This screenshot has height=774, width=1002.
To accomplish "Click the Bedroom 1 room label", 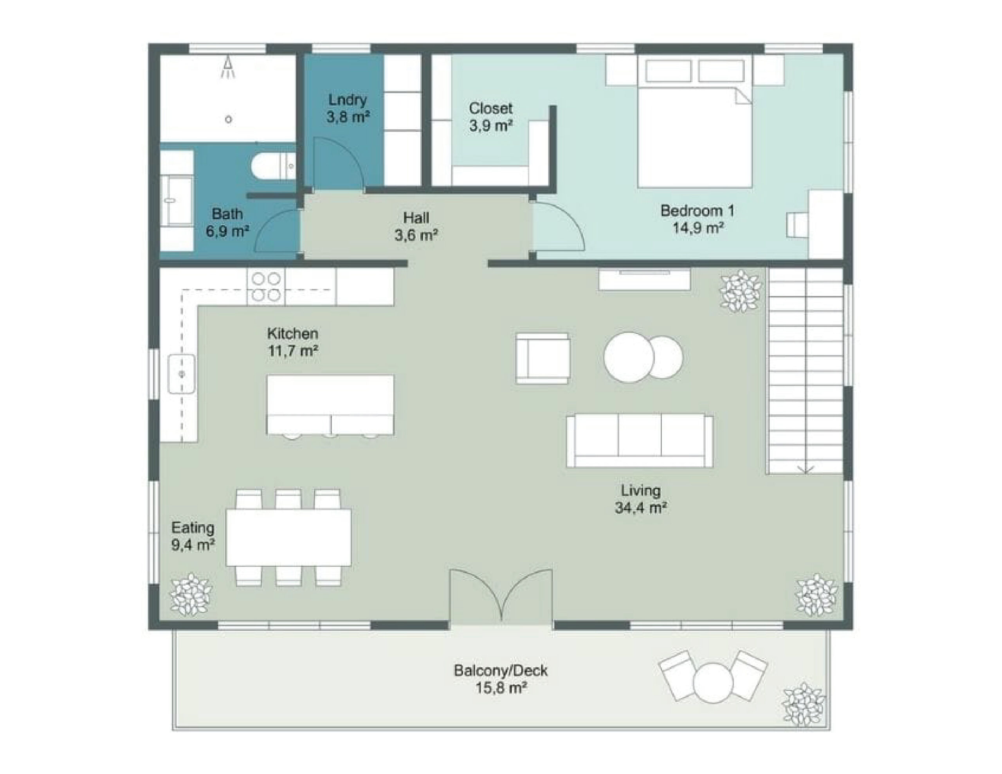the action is pos(697,211).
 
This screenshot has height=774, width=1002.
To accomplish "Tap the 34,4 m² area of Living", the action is pos(640,508).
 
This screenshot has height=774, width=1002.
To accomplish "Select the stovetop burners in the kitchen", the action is pos(266,287).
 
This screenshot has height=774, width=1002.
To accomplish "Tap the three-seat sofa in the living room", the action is pos(640,441).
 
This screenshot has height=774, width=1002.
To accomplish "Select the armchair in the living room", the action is pos(543,358).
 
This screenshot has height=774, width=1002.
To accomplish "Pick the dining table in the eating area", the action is pos(288,538).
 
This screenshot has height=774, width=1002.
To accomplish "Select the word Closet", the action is pos(490,108).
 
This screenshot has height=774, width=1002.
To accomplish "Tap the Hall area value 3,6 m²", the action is pos(416,235).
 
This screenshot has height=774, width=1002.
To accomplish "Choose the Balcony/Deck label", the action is pos(501,670).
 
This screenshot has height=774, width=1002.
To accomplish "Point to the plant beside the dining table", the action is pos(191,595).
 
